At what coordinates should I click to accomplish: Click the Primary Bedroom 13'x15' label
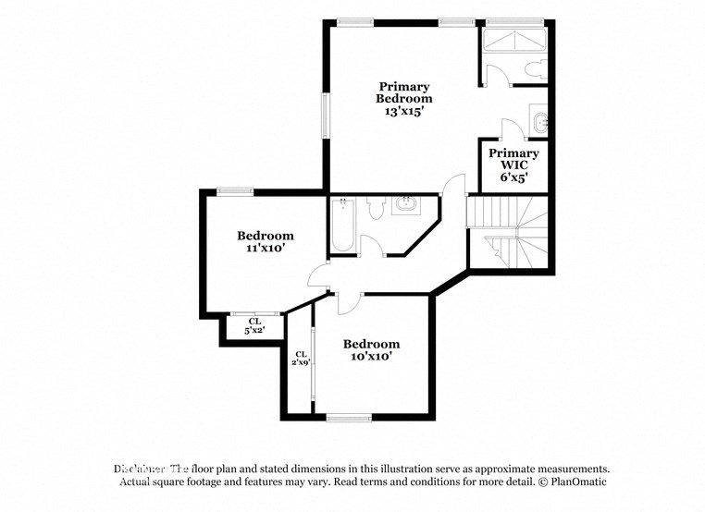[403, 98]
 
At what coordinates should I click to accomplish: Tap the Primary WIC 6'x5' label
[513, 165]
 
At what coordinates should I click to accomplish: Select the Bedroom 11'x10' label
[265, 241]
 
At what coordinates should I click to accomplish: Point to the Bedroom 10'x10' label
[370, 349]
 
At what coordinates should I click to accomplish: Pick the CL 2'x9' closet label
[301, 359]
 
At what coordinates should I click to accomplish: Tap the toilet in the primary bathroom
[534, 67]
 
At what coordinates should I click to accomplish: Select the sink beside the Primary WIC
[540, 121]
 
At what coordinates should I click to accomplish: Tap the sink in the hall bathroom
[405, 204]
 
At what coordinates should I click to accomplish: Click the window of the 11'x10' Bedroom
[235, 191]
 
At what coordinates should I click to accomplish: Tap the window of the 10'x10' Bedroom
[349, 418]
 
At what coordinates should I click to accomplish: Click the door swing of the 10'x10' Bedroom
[350, 303]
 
